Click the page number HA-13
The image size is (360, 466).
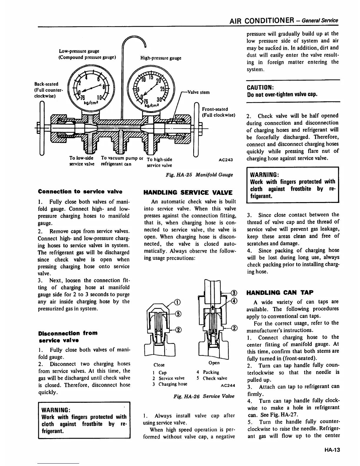(332, 450)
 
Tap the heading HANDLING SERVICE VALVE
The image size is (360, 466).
(187, 193)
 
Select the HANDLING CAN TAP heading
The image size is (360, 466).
(280, 292)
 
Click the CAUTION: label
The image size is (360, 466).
(259, 88)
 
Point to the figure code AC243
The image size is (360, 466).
(226, 160)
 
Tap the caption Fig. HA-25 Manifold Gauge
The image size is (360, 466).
(199, 175)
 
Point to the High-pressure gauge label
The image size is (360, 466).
(160, 58)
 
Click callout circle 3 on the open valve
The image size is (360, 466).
(234, 293)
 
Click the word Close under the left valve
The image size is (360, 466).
(159, 365)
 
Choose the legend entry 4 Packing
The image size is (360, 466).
(208, 372)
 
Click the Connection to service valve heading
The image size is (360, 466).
(80, 192)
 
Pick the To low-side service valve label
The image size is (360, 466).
(82, 161)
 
